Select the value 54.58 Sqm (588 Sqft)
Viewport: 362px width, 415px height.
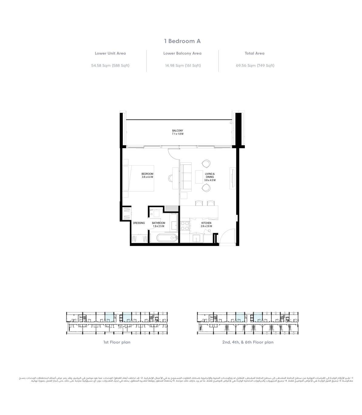(110, 66)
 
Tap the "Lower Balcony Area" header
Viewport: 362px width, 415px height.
(182, 53)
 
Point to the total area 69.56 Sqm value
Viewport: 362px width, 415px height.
(255, 66)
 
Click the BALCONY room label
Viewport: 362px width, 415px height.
(178, 131)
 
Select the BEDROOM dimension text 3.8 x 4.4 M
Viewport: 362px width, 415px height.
(147, 177)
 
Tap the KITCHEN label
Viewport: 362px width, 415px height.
(206, 223)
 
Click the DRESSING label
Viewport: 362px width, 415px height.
(139, 223)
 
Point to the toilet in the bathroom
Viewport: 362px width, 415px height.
(157, 213)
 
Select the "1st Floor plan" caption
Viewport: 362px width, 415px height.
(117, 342)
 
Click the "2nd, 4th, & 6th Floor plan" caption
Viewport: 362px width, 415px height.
(248, 342)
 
